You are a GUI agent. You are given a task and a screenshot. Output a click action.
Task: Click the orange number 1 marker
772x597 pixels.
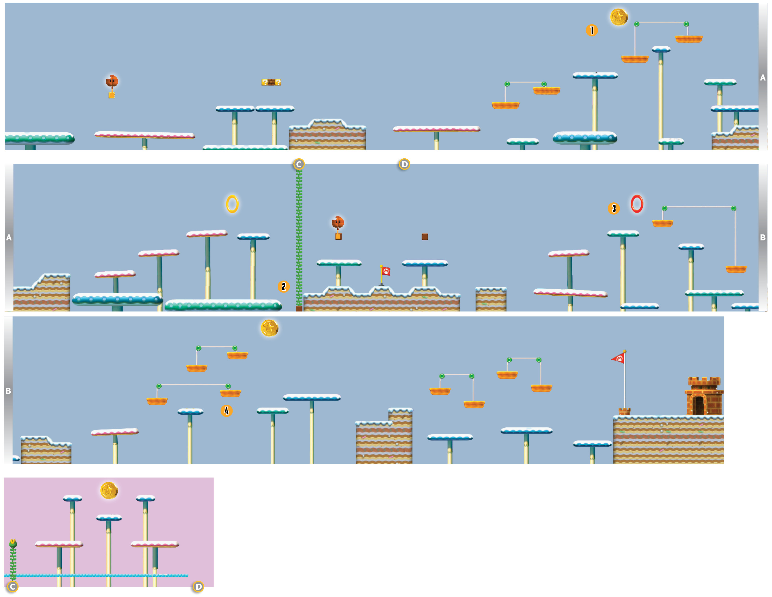(x=592, y=30)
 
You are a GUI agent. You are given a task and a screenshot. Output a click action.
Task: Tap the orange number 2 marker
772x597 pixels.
(x=283, y=287)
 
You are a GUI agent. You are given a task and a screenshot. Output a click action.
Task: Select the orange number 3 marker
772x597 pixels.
(x=614, y=209)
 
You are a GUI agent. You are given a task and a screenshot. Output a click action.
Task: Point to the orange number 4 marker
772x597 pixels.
(x=227, y=411)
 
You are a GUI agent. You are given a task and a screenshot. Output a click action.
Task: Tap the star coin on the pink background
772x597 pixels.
(x=109, y=491)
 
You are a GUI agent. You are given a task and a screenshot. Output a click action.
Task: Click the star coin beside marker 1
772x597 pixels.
(x=619, y=17)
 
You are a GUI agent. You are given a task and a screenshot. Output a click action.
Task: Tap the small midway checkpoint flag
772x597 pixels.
(x=386, y=271)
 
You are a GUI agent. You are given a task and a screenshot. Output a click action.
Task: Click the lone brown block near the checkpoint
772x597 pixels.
(x=425, y=237)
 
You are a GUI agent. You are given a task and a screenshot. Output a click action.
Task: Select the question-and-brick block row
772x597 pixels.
(x=271, y=82)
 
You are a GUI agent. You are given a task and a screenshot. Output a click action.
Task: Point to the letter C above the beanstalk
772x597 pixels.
(x=299, y=164)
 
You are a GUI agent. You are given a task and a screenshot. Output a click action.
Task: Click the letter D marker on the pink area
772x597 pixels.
(x=198, y=587)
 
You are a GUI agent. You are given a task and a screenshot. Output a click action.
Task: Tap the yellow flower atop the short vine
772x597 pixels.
(x=13, y=543)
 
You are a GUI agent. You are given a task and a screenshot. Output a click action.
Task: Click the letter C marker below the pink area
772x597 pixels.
(x=13, y=587)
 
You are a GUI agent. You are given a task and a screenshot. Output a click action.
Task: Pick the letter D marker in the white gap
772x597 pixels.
(x=404, y=164)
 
